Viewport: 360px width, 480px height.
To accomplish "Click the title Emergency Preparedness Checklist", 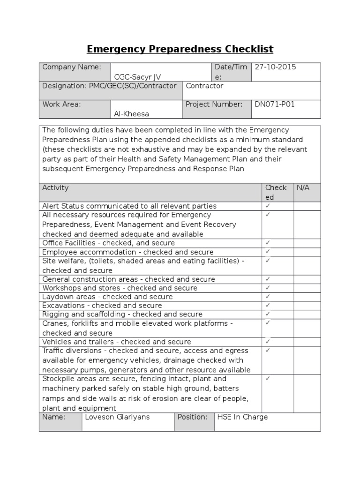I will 180,49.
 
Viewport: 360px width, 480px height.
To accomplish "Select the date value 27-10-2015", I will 275,67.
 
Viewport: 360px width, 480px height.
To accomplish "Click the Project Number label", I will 214,105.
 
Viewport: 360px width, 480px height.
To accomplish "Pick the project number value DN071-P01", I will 275,105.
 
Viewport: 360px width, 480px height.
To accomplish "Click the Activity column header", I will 55,188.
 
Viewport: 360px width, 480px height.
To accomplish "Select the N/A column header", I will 303,188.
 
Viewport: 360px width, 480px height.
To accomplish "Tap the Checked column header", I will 276,192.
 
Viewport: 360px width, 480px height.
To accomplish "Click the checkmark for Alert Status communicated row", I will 268,206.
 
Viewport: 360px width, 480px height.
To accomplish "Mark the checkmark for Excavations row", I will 268,305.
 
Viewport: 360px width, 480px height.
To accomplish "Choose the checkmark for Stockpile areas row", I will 268,378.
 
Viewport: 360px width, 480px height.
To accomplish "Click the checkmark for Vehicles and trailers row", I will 268,341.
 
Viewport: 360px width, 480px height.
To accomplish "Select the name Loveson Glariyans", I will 117,417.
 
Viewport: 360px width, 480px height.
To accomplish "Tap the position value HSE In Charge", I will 242,417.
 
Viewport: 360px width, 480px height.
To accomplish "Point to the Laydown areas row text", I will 107,297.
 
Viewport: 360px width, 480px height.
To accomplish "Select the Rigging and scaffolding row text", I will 122,314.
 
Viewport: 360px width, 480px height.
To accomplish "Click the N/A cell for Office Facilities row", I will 307,243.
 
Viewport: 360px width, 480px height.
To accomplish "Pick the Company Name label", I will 72,67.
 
